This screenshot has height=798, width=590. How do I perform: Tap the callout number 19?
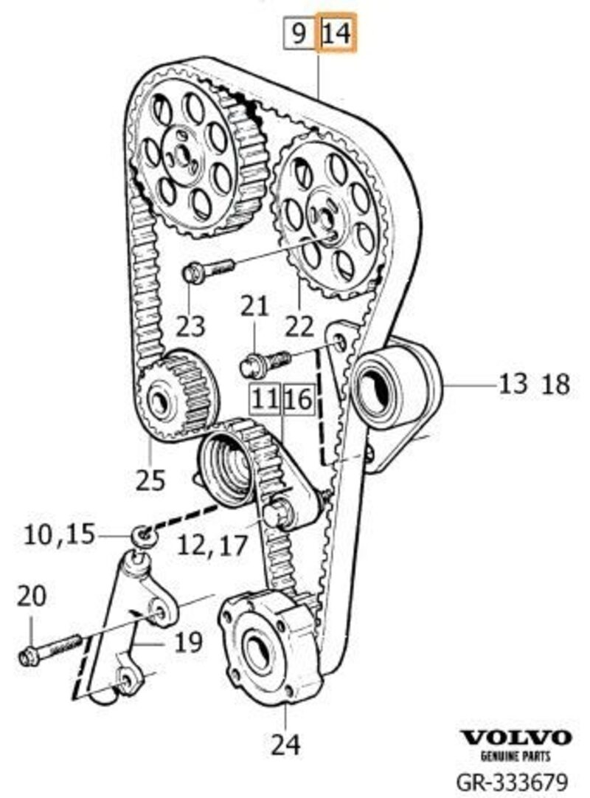tap(188, 642)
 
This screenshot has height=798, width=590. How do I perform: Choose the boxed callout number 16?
tap(299, 399)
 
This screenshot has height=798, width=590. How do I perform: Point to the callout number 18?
tap(557, 384)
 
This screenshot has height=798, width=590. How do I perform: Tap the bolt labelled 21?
tap(265, 362)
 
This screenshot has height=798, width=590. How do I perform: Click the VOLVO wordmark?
tap(516, 737)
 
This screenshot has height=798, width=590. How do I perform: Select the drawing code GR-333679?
tap(512, 782)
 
